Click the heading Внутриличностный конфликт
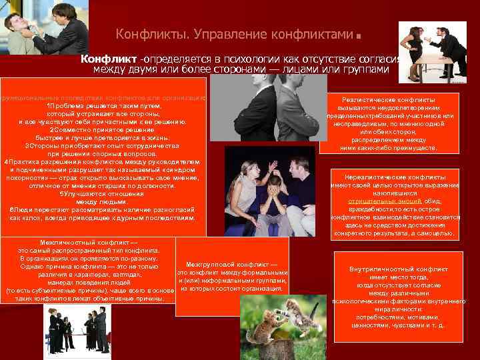398,269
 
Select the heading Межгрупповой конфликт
231,265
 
